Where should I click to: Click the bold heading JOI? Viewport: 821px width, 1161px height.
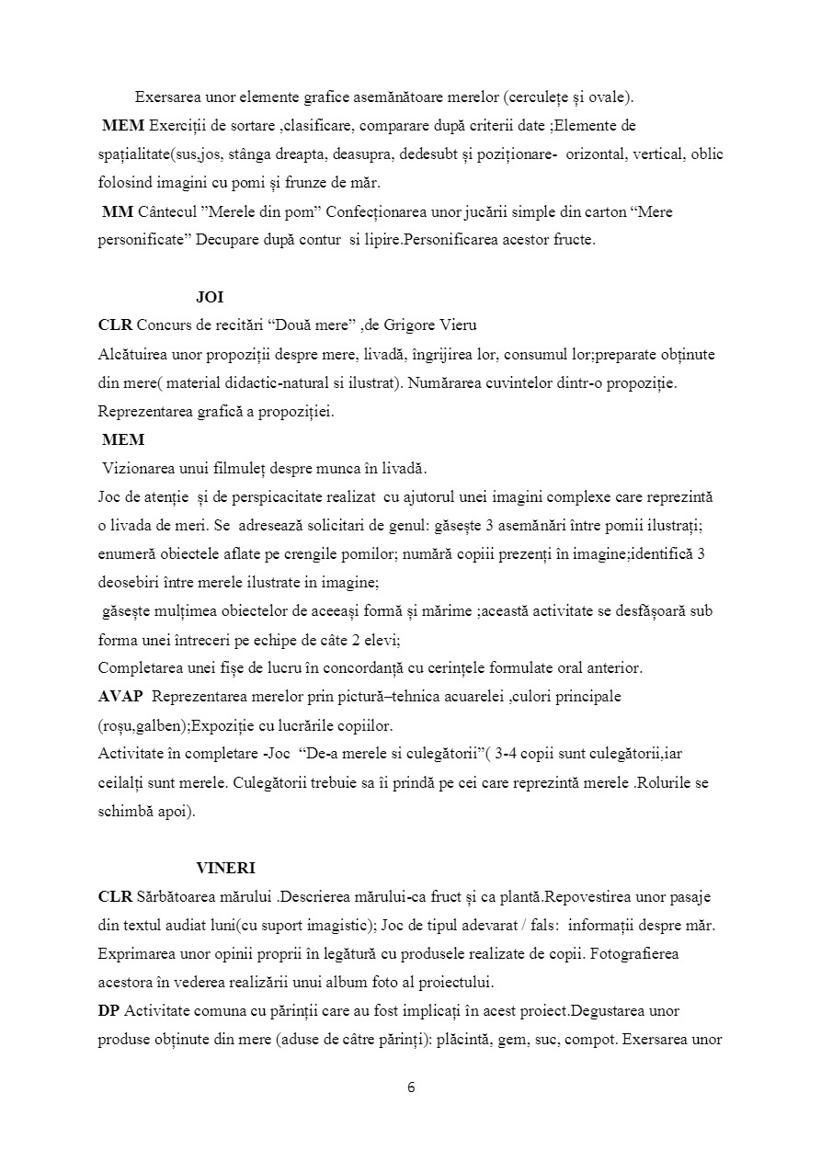(x=210, y=298)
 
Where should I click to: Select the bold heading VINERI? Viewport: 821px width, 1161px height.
(x=225, y=868)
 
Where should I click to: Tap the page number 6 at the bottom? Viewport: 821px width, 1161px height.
(x=411, y=1087)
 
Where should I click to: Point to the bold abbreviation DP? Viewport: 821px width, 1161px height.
(x=108, y=1010)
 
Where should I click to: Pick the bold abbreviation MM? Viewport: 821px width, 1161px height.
(x=117, y=212)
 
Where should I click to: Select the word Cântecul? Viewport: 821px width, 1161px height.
(x=166, y=212)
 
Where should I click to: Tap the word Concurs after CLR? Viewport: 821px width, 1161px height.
(x=165, y=326)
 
